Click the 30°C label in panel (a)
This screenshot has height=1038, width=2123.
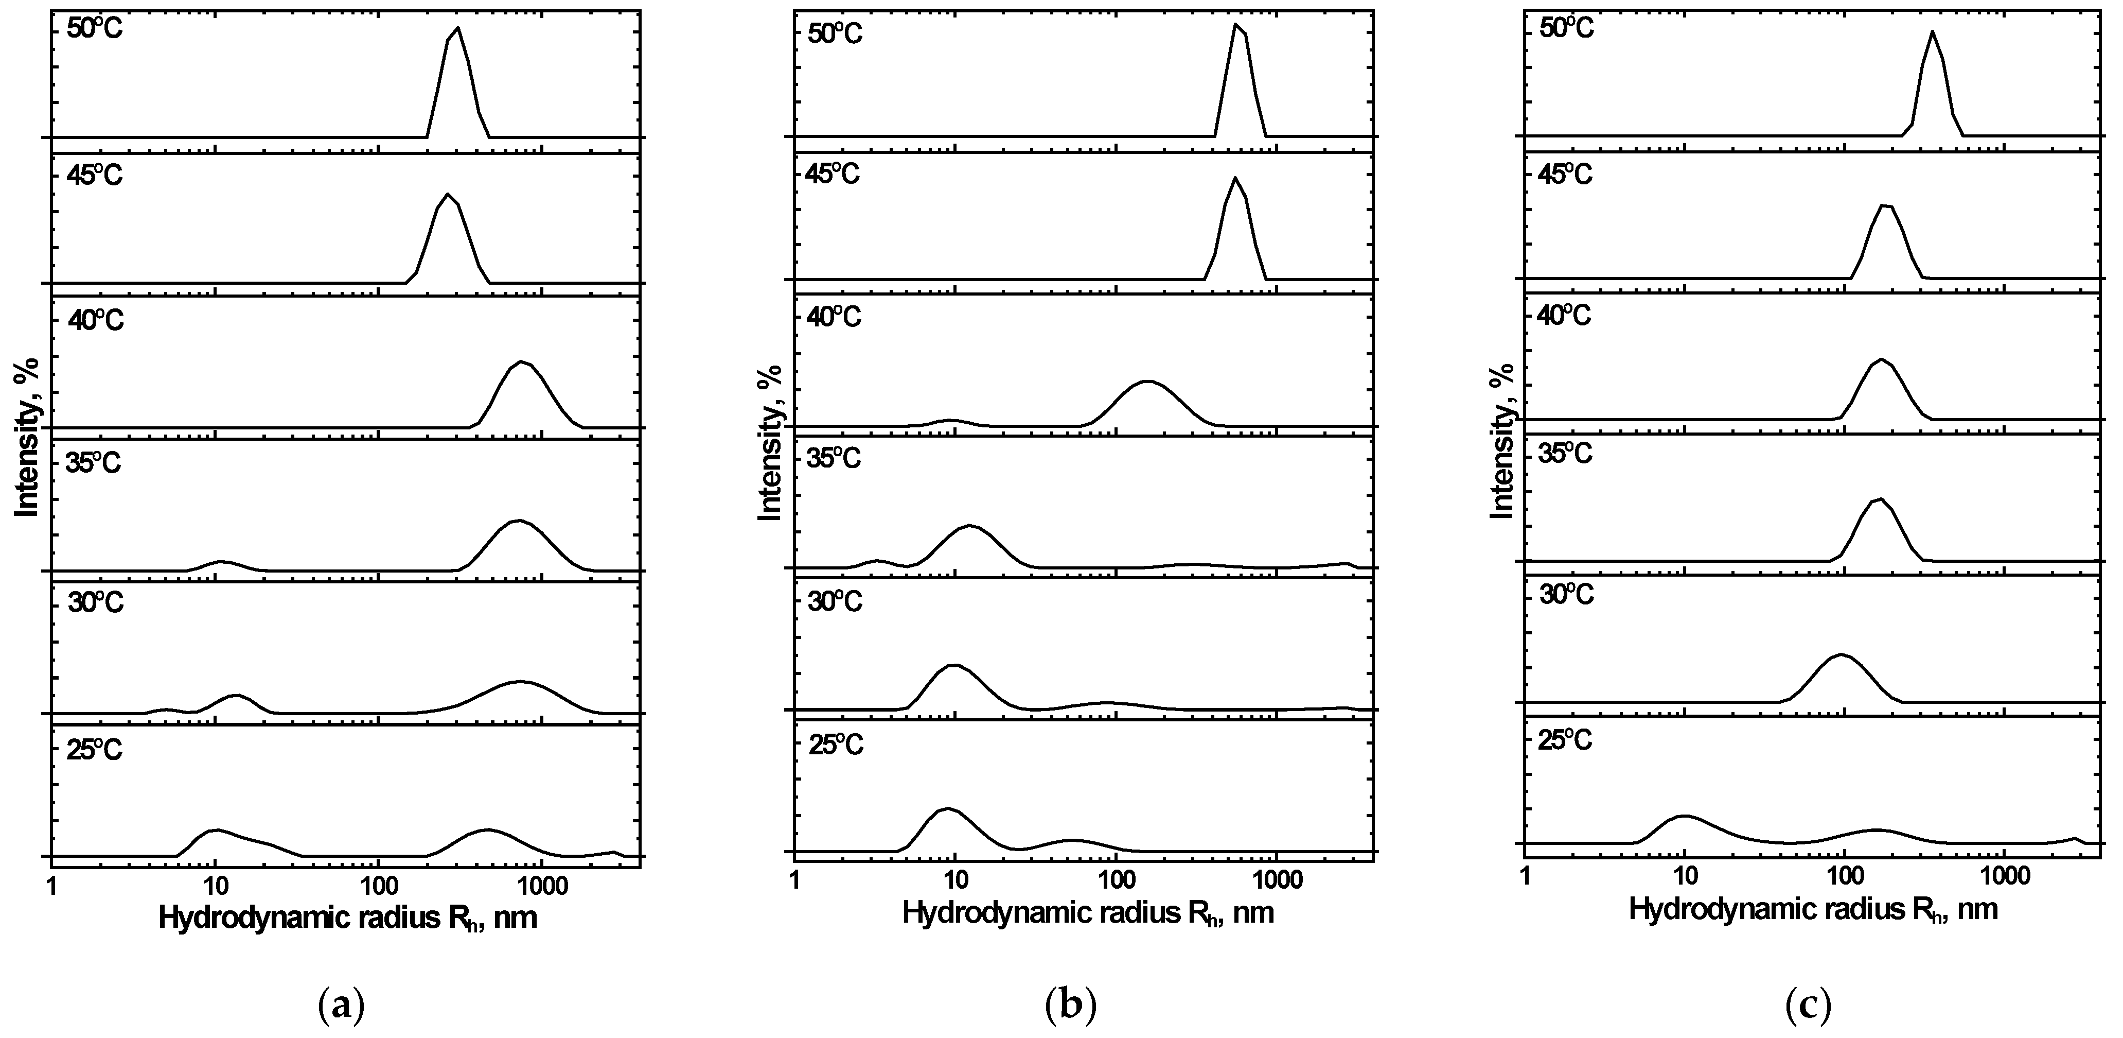pos(95,603)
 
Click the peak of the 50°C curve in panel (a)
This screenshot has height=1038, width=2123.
pos(457,28)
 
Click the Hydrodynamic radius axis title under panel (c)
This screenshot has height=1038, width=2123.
pos(1813,909)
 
